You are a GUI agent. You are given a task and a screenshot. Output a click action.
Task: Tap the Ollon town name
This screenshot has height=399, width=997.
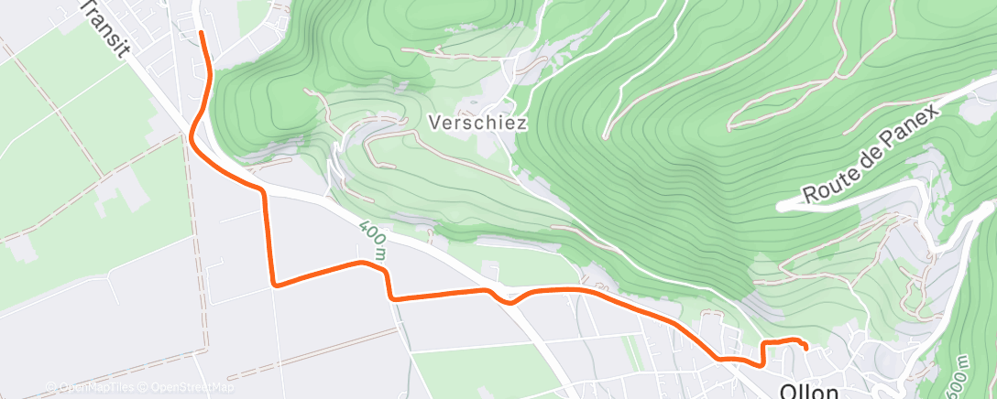[812, 391]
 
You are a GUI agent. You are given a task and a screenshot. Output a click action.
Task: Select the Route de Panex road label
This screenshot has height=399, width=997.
[871, 154]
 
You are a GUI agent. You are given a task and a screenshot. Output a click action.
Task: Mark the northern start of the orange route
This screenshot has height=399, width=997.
[201, 32]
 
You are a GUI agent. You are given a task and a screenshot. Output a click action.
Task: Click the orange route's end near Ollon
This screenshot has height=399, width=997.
[805, 348]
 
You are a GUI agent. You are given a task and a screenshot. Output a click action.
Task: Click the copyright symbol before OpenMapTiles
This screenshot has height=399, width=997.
[52, 387]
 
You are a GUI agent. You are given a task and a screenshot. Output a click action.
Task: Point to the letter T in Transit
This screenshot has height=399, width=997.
[86, 8]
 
